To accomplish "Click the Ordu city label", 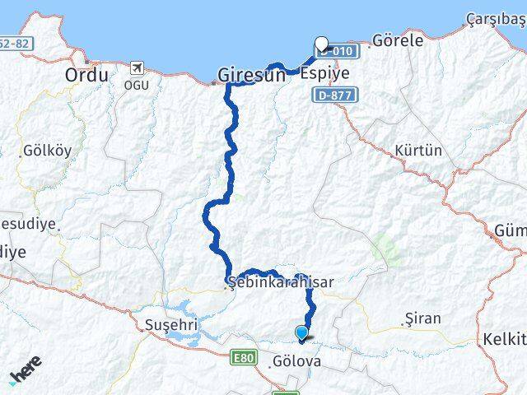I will pyautogui.click(x=86, y=75).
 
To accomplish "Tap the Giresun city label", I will pyautogui.click(x=251, y=75).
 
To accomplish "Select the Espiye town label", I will pyautogui.click(x=324, y=73).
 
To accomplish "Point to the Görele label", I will pyautogui.click(x=398, y=39).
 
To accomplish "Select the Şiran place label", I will pyautogui.click(x=423, y=318).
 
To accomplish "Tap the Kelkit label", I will pyautogui.click(x=505, y=339).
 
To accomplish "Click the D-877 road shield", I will pyautogui.click(x=329, y=97).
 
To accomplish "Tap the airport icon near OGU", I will pyautogui.click(x=138, y=67).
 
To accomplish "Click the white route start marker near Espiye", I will pyautogui.click(x=321, y=44).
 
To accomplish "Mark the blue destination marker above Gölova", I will pyautogui.click(x=302, y=333).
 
